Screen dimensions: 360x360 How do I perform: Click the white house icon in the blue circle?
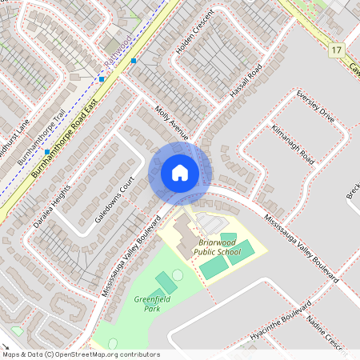tap(180, 172)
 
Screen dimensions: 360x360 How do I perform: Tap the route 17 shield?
tap(335, 50)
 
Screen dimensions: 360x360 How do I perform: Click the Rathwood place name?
tap(118, 50)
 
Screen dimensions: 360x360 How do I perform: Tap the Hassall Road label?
tap(245, 82)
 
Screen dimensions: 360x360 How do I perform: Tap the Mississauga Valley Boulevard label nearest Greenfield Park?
tap(126, 257)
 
